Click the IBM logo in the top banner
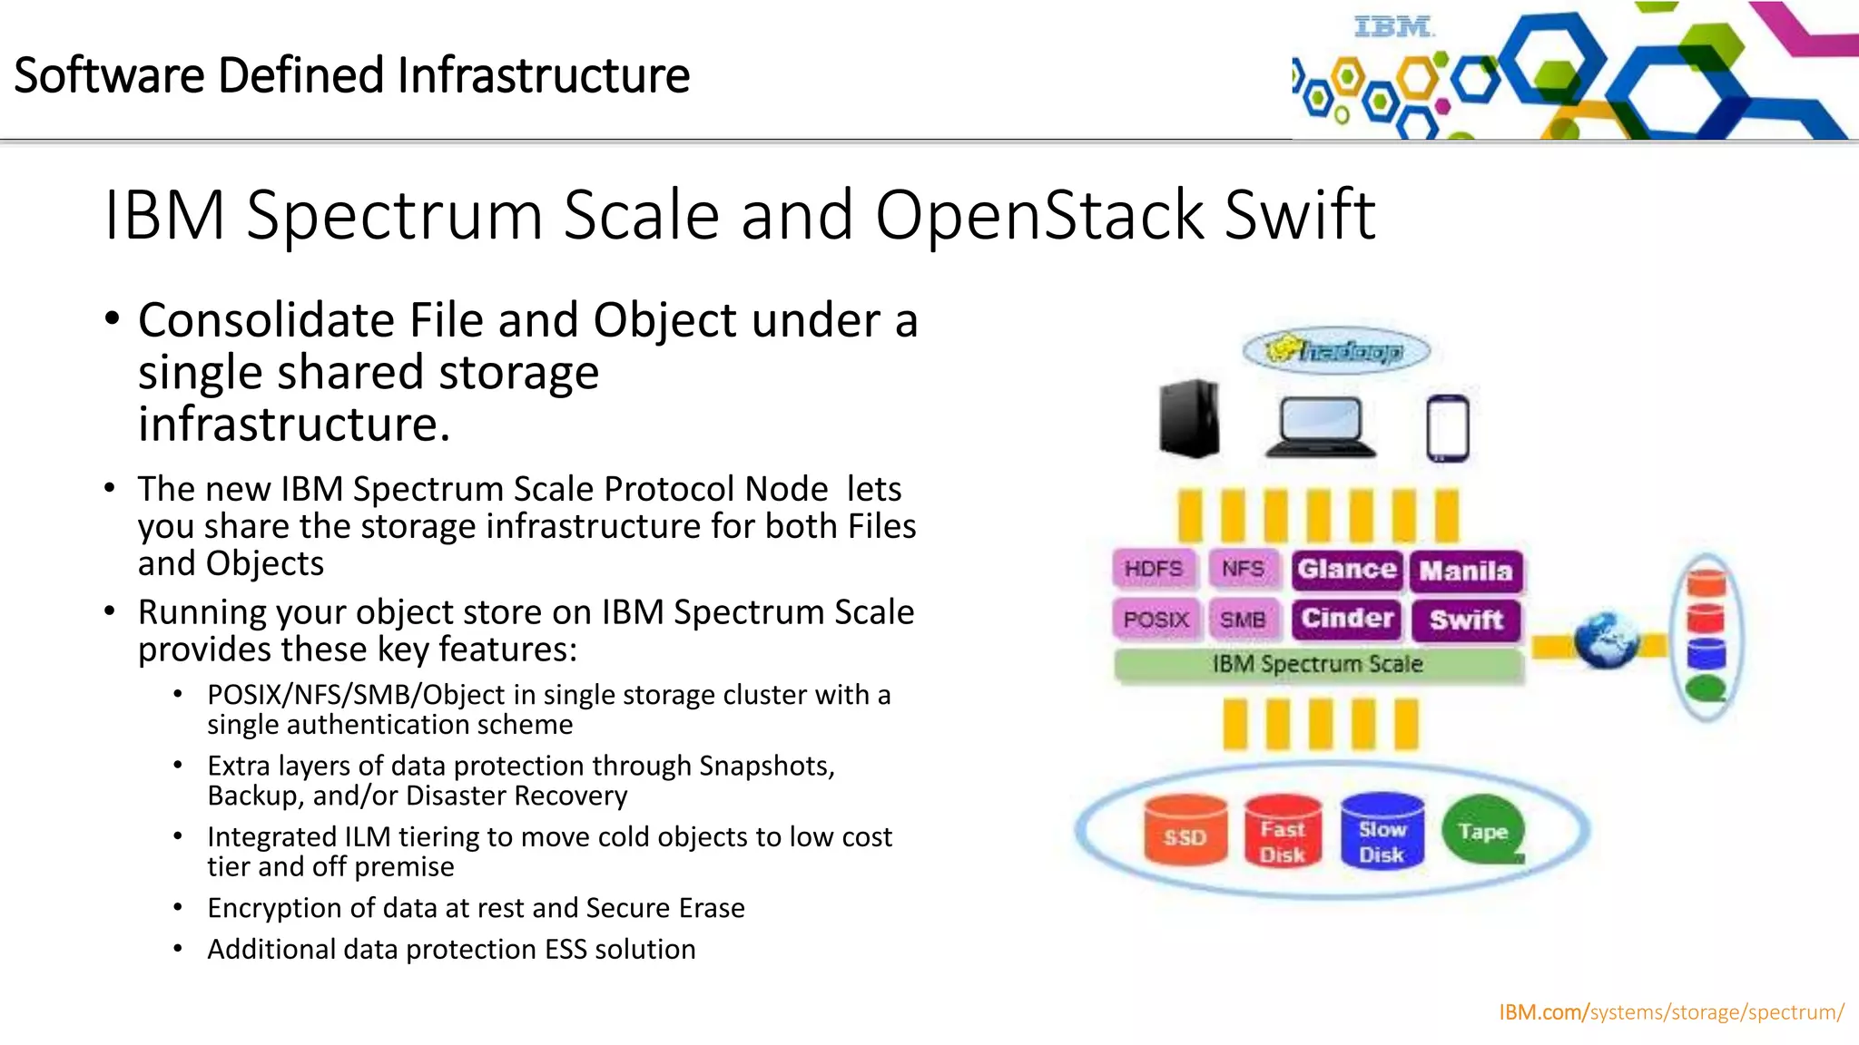pos(1393,27)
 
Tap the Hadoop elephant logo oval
pos(1335,351)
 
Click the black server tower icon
pos(1189,418)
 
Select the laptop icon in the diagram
pos(1321,427)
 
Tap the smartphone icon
pos(1447,428)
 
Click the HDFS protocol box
pos(1154,569)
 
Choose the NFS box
pos(1243,569)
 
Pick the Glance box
pos(1347,570)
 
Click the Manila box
pos(1466,571)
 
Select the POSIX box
pos(1156,620)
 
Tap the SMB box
pos(1243,620)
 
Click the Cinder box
pos(1347,619)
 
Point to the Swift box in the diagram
pos(1466,620)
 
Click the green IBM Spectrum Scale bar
pos(1317,665)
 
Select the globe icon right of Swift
pos(1606,641)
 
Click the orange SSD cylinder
pos(1185,831)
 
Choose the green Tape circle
pos(1482,830)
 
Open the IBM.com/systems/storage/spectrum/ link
pos(1670,1011)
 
